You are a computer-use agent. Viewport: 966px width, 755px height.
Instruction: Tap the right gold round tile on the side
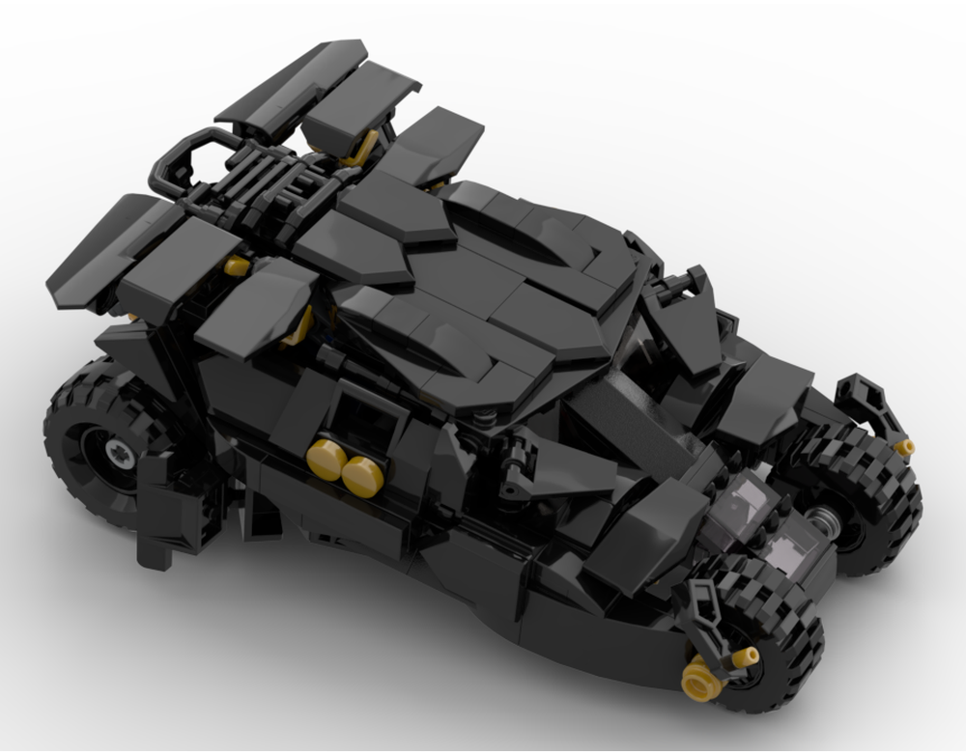[x=359, y=472]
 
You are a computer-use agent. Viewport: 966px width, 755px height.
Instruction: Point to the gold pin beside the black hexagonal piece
[x=904, y=447]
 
